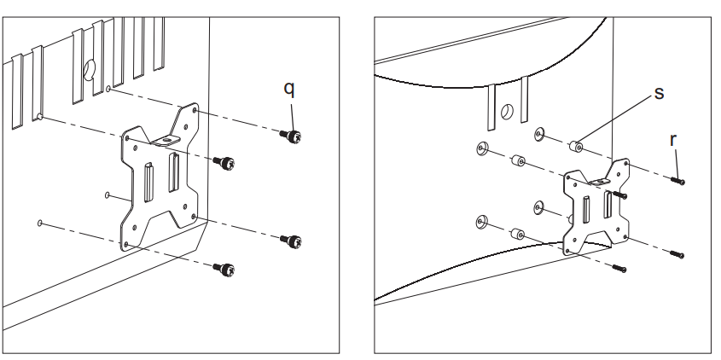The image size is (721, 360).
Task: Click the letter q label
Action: click(x=288, y=90)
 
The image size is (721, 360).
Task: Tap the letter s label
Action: click(x=659, y=93)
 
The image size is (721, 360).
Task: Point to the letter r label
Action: click(x=673, y=140)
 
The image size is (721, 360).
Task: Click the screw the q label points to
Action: click(x=291, y=136)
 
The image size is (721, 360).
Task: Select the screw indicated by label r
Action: click(x=677, y=181)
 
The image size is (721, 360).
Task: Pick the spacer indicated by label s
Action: click(x=576, y=147)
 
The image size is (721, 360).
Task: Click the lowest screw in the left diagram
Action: click(x=224, y=269)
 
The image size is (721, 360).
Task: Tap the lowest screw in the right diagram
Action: click(x=619, y=268)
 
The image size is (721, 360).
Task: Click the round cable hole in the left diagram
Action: click(x=89, y=69)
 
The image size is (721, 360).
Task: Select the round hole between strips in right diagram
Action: click(x=507, y=112)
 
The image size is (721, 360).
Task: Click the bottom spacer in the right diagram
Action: click(x=518, y=234)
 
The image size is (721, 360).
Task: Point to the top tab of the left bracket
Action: click(x=166, y=139)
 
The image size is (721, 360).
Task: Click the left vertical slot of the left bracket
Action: click(x=149, y=183)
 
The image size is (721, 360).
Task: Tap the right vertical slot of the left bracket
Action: click(x=174, y=173)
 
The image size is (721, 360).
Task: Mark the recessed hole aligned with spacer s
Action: click(x=539, y=134)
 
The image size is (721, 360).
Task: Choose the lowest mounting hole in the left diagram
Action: click(x=40, y=224)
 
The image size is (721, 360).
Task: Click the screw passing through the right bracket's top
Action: click(x=619, y=195)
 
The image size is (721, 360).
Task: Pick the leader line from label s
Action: click(x=615, y=121)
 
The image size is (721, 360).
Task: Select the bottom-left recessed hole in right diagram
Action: click(x=482, y=222)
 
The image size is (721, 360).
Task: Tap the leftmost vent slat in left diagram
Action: click(x=17, y=91)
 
